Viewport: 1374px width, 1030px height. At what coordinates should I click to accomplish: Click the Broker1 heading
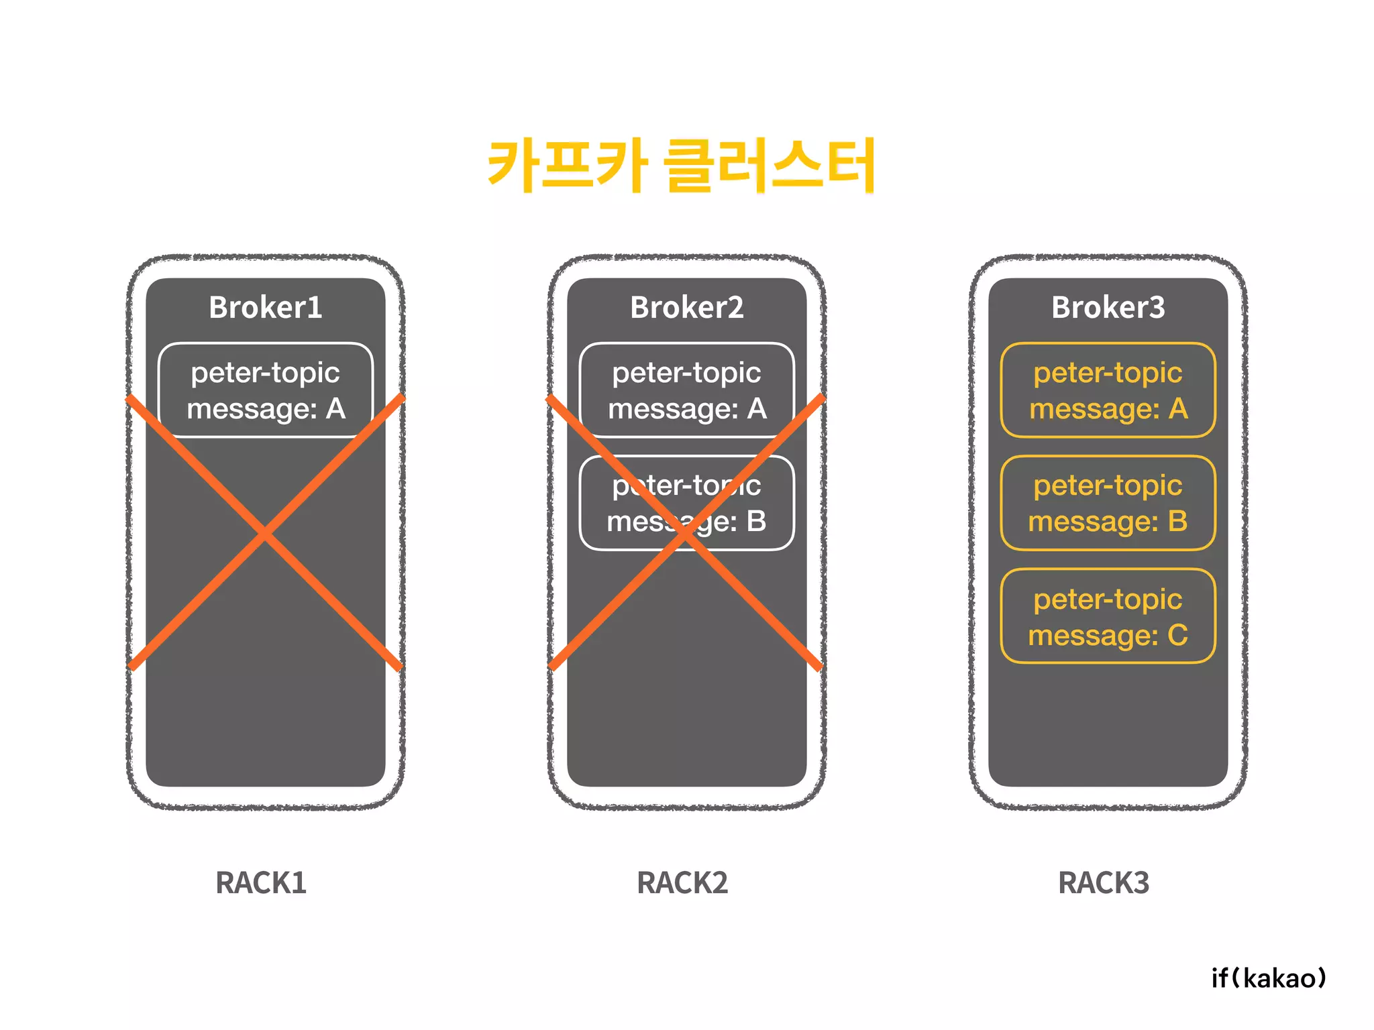click(x=265, y=307)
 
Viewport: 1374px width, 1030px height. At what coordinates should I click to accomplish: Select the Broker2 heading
click(x=686, y=307)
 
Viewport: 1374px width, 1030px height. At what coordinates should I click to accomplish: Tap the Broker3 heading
click(x=1108, y=307)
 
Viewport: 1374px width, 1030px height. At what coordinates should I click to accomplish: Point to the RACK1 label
click(x=261, y=882)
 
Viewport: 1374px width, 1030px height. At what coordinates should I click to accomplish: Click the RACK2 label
click(x=682, y=882)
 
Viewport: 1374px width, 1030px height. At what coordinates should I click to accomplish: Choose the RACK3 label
click(x=1104, y=882)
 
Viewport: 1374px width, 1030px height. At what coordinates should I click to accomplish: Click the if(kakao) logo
click(x=1269, y=978)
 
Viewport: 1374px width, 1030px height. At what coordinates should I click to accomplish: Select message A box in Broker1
click(x=265, y=390)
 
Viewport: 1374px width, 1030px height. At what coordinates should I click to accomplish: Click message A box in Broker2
click(x=686, y=390)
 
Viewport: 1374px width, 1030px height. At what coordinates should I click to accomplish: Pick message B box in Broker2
click(x=686, y=503)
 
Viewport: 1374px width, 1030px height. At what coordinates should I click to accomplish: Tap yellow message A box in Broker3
click(x=1108, y=390)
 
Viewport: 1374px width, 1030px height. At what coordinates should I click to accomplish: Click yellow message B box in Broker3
click(x=1108, y=503)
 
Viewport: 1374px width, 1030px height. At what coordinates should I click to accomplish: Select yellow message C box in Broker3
click(x=1108, y=616)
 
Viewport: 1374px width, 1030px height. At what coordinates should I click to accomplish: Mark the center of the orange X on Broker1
click(x=265, y=534)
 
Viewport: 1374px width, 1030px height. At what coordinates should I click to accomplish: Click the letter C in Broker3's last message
click(x=1177, y=635)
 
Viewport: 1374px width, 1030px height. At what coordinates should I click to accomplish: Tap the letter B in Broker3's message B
click(x=1177, y=521)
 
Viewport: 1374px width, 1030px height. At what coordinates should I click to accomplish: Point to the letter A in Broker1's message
click(x=335, y=408)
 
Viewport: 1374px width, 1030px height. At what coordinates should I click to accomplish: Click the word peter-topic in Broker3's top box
click(x=1108, y=373)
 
